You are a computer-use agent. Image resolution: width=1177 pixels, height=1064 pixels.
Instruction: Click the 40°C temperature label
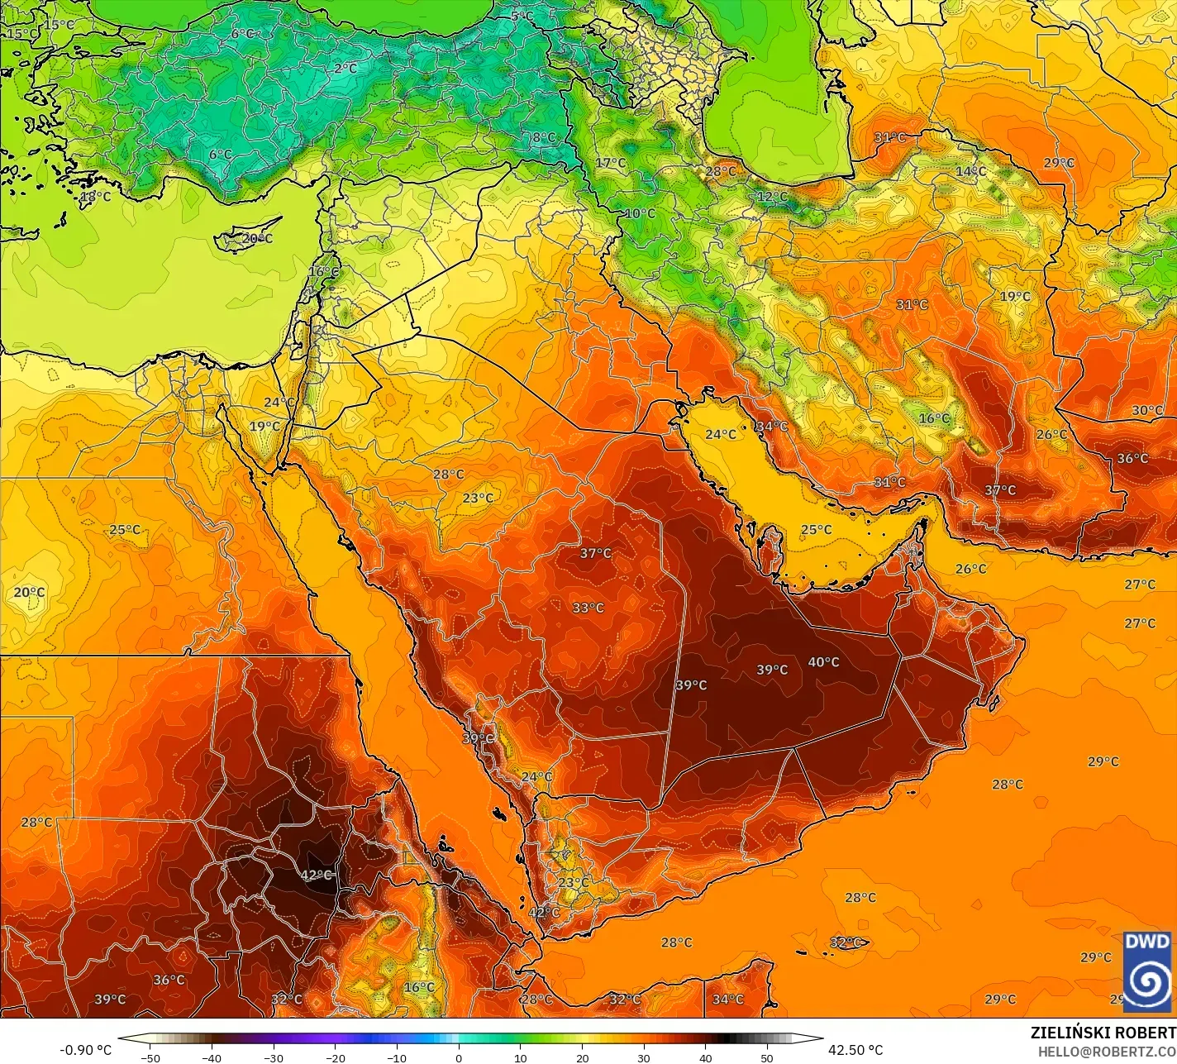point(823,662)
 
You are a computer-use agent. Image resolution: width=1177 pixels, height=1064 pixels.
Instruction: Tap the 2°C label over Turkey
point(345,69)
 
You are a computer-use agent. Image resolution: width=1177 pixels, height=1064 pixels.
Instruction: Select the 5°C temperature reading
point(522,17)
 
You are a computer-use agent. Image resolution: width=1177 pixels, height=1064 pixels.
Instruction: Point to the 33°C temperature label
point(588,608)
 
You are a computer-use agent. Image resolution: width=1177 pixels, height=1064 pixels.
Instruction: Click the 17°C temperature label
point(611,163)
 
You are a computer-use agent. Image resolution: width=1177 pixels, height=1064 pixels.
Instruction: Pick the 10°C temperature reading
point(639,213)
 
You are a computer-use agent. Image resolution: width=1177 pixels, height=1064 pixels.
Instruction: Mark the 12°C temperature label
point(773,197)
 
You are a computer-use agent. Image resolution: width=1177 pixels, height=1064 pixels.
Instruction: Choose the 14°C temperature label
point(970,171)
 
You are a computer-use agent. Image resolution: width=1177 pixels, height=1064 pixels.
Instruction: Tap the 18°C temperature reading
point(95,197)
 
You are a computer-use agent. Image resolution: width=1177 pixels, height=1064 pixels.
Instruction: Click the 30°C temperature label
point(1147,410)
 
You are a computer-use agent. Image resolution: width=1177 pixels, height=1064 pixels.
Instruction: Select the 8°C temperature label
point(543,137)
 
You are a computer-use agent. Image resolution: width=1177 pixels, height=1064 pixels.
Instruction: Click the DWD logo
point(1147,971)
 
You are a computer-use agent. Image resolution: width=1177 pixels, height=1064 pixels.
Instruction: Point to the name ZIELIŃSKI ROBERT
point(1103,1033)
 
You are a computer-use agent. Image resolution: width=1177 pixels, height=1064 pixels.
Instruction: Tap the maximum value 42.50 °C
point(856,1050)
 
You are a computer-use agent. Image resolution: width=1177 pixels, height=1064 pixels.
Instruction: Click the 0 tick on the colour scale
point(459,1057)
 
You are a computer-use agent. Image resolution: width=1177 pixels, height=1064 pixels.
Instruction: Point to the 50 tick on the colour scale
point(767,1057)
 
